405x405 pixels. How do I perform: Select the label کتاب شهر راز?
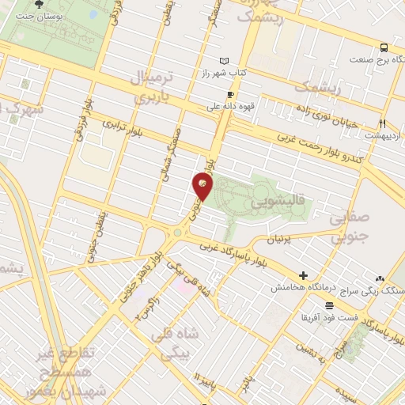pos(224,72)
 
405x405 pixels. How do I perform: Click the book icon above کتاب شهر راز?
pos(224,61)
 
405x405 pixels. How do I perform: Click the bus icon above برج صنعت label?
pos(384,47)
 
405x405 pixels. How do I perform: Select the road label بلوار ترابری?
pos(127,131)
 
